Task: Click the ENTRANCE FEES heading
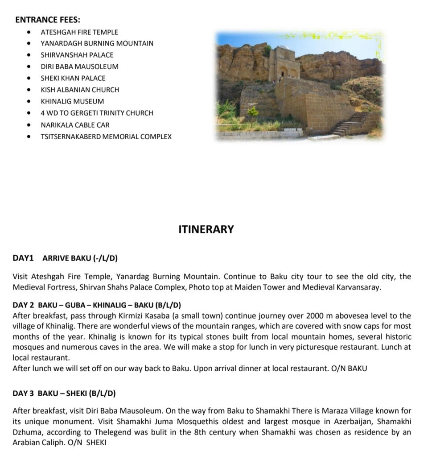(48, 20)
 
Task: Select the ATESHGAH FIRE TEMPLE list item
(79, 32)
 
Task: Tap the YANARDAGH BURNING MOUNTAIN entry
(97, 43)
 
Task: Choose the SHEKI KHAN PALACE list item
(73, 78)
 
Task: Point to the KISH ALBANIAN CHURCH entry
(80, 90)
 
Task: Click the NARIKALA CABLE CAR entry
(75, 125)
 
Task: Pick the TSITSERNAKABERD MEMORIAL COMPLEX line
(106, 137)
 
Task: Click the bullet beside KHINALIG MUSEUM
(29, 101)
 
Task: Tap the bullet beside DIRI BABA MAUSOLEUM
(29, 66)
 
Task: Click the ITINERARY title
(206, 229)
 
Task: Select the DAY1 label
(23, 258)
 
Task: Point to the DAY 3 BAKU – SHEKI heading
(64, 394)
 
